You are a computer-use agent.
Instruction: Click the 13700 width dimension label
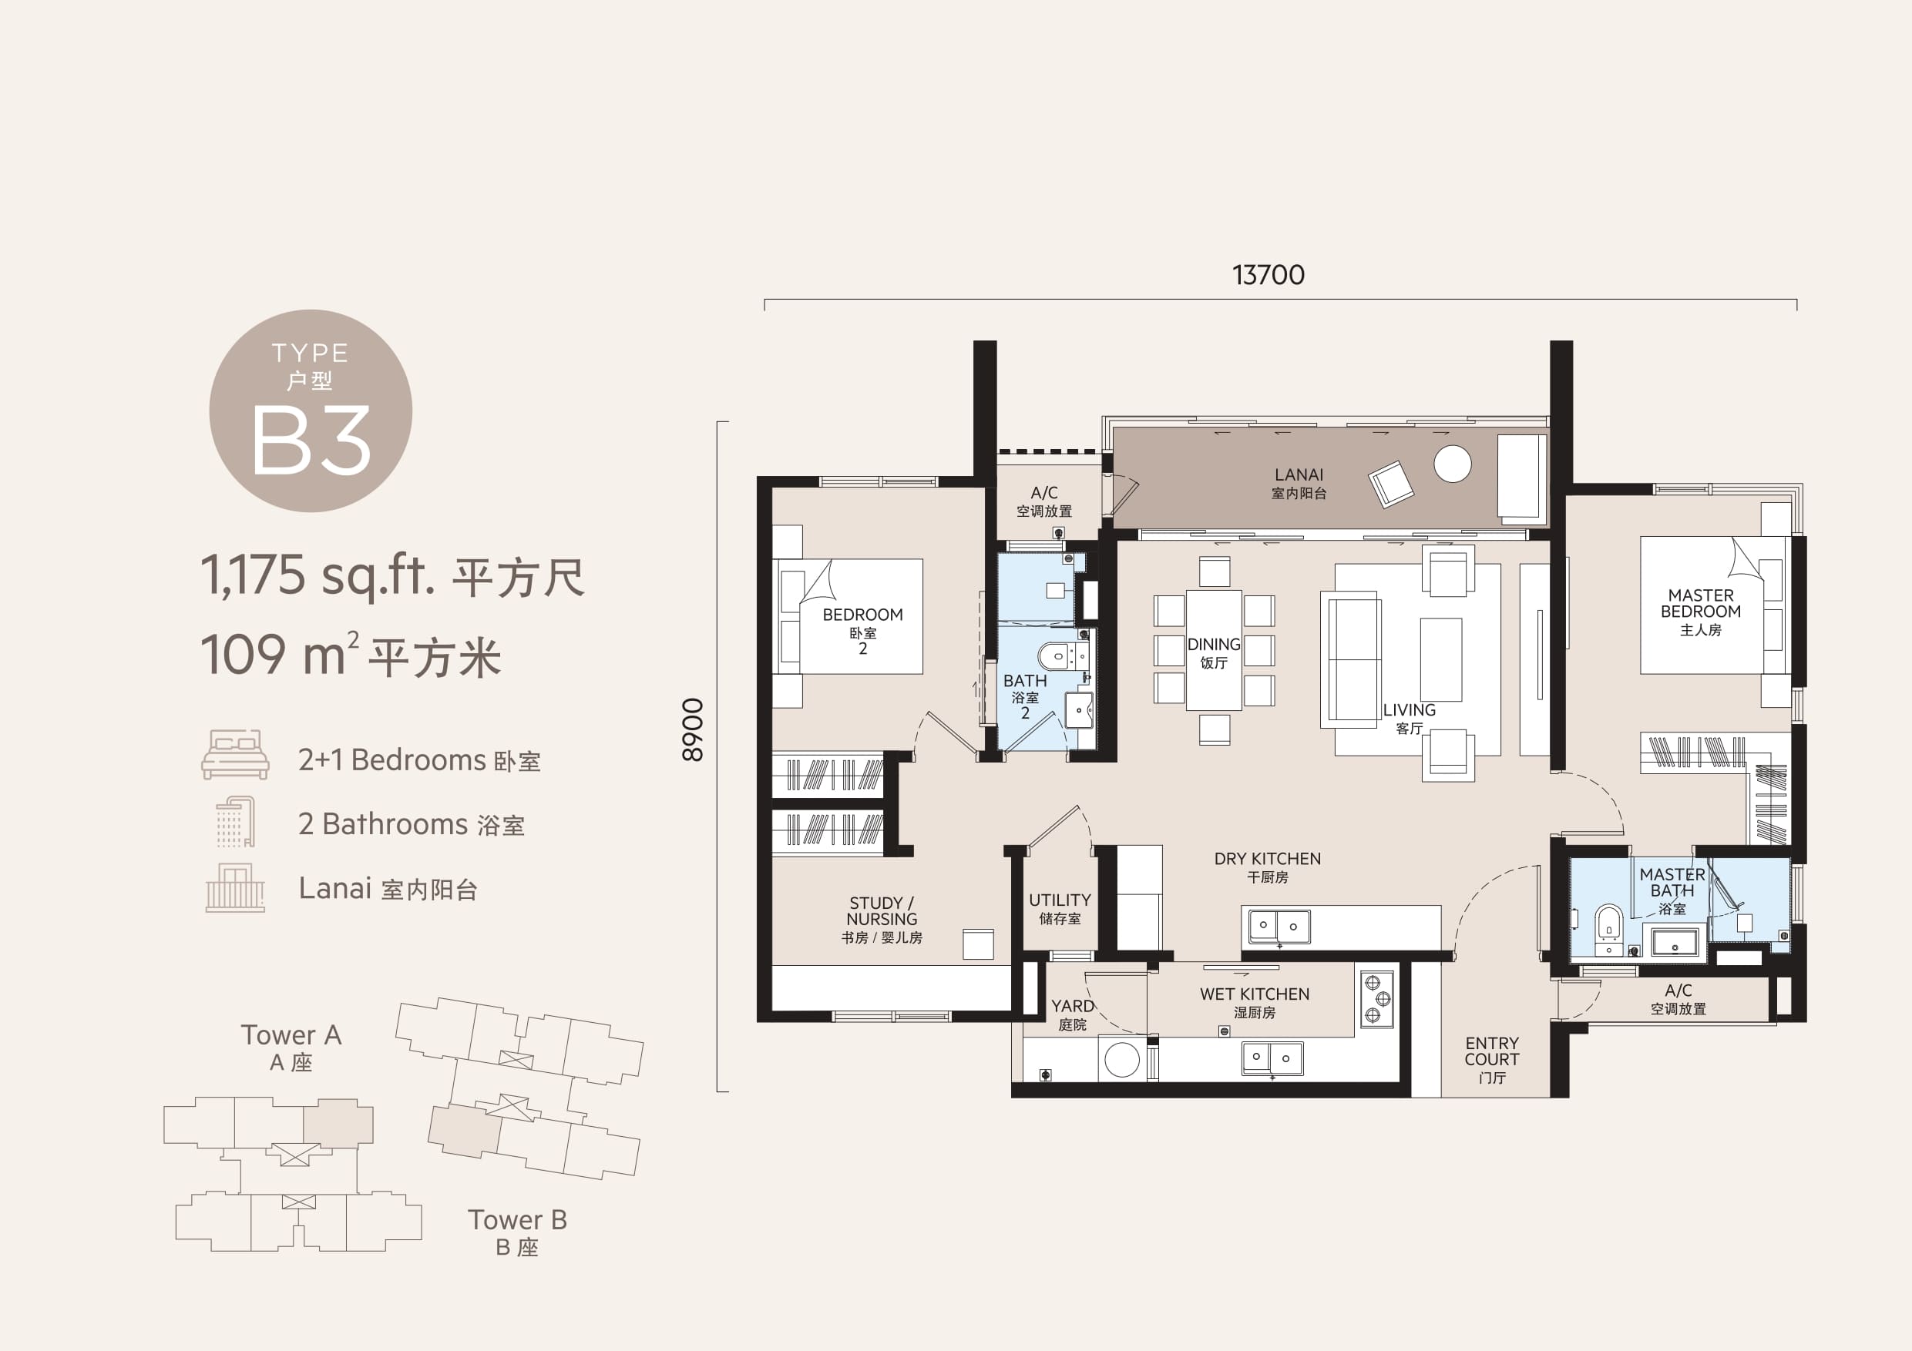coord(1268,275)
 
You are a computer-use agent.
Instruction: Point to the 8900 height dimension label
coord(693,730)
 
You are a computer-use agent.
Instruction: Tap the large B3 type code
coord(311,441)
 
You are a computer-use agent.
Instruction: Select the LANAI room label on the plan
coord(1299,474)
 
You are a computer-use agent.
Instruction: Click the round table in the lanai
coord(1453,464)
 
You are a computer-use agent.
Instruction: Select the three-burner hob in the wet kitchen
coord(1376,999)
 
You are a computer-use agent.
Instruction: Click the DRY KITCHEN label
coord(1268,858)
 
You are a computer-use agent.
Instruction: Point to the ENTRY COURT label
coord(1491,1051)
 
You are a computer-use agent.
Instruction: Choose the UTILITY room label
coord(1059,900)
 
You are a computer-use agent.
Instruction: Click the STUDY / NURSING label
coord(882,910)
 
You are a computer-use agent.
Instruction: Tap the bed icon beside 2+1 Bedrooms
coord(235,754)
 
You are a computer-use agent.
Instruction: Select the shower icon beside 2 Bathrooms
coord(236,822)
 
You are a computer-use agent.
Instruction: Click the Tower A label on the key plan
coord(291,1034)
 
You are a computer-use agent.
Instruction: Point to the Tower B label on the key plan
coord(517,1219)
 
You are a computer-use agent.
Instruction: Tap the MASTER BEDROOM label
coord(1701,604)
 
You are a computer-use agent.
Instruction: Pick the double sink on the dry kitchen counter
coord(1278,926)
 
